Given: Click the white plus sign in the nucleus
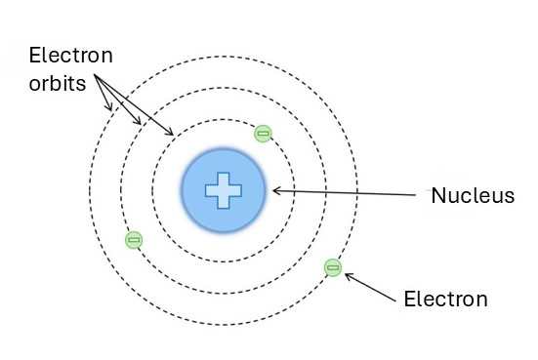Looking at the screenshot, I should tap(223, 190).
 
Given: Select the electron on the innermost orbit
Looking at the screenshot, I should tap(262, 134).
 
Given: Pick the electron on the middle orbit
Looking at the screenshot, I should tap(134, 239).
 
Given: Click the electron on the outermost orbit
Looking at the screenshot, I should tap(333, 266).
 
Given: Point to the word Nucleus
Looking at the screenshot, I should tap(473, 196).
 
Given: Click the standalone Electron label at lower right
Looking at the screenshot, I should tap(445, 299).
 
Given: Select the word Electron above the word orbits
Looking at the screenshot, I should tap(71, 56).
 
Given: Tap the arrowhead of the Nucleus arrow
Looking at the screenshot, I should tap(274, 190).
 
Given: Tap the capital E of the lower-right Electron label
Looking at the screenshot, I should tap(409, 299).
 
